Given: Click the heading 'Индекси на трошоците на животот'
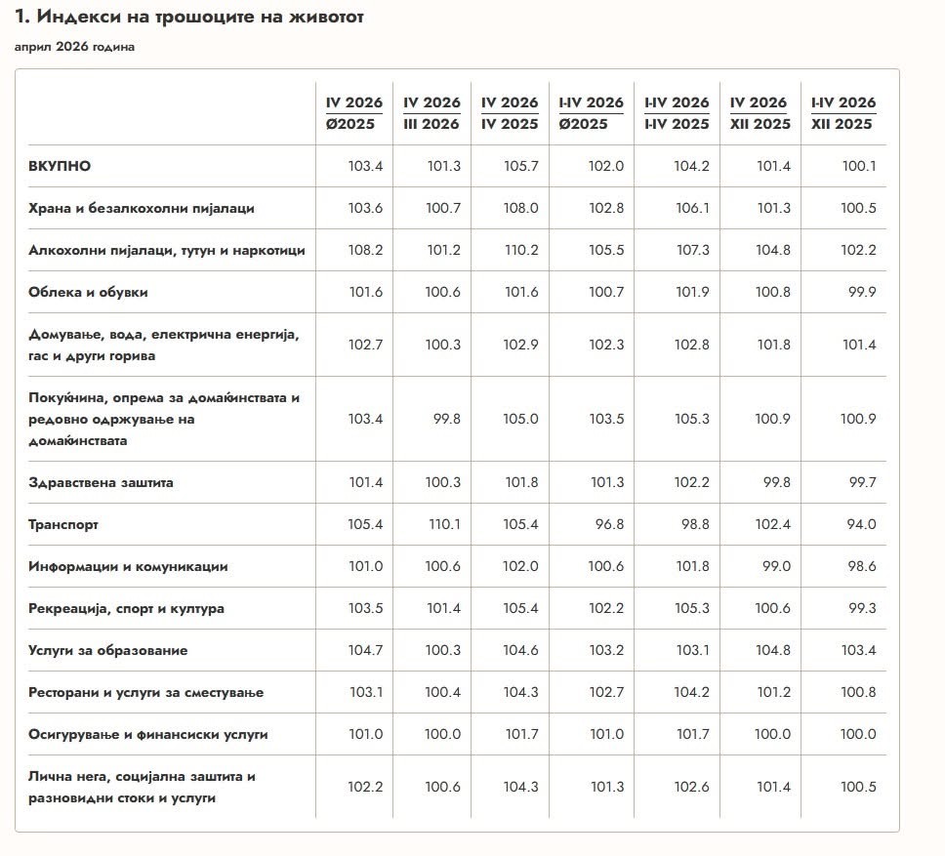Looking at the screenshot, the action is pos(199,17).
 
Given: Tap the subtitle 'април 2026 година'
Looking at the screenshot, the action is pos(74,47).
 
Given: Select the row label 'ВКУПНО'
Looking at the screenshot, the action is pos(59,166).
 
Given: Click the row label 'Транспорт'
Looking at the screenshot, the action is pos(63,525).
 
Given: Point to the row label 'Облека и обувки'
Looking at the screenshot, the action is pos(88,292).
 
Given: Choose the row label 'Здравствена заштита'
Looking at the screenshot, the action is pos(101,482).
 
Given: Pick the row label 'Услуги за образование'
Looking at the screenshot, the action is pos(108,651).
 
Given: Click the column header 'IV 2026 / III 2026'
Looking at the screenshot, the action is pos(431,113).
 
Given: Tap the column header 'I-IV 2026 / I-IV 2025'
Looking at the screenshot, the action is pos(677,113).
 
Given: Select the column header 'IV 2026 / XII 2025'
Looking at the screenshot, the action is pos(760,113).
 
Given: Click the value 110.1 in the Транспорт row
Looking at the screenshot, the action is pos(444,525).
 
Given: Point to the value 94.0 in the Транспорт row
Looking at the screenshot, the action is pos(861,525).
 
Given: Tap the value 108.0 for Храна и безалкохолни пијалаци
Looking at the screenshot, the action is pos(520,209).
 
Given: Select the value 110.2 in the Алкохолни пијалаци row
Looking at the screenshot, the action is pos(521,250).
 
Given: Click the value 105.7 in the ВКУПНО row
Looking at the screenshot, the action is pos(520,166).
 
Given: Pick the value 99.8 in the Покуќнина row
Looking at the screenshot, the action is pos(446,419).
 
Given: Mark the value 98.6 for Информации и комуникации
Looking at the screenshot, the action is pos(861,566).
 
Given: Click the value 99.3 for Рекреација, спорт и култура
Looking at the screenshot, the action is pos(862,608).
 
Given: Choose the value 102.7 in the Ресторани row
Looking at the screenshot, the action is pos(606,692).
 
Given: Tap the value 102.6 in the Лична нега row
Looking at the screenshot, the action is pos(691,787).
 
